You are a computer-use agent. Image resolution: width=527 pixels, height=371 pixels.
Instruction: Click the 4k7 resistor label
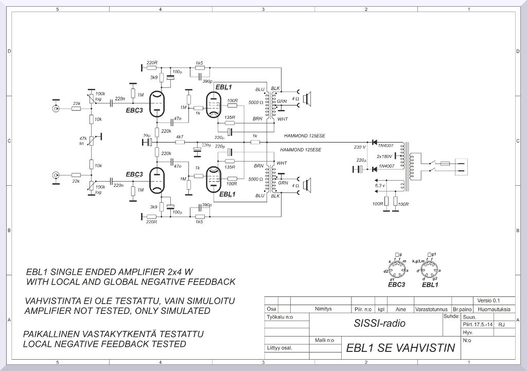180,137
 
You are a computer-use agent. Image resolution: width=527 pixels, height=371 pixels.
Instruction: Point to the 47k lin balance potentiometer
91,140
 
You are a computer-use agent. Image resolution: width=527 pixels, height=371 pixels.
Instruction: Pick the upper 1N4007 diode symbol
374,142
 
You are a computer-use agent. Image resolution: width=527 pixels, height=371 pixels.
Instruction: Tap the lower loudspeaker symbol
307,185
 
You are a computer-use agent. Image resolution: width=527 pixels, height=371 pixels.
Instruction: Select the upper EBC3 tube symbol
156,104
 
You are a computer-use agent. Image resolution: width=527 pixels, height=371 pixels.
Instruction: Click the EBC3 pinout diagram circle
396,270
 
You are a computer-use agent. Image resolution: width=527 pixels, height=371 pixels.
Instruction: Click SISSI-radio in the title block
380,324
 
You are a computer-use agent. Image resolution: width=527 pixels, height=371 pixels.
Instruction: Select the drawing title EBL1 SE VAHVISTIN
400,348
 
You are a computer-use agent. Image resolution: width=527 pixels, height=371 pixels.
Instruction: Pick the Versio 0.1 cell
488,301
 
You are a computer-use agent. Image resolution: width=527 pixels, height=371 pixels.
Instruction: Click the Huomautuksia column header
494,309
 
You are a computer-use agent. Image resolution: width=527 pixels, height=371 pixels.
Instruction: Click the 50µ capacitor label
146,135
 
